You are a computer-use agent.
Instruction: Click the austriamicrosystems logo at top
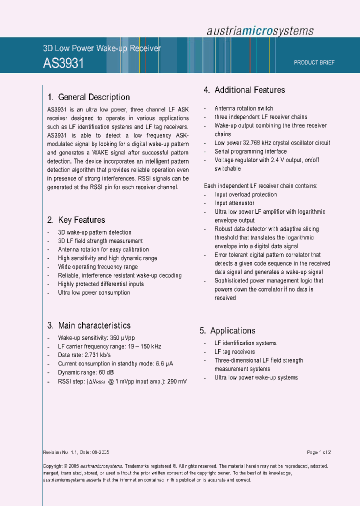click(x=260, y=30)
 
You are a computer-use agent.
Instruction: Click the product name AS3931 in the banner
click(x=63, y=63)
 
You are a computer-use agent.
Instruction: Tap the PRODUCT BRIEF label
click(x=314, y=62)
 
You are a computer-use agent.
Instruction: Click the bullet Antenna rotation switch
click(x=243, y=108)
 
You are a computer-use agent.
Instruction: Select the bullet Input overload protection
click(x=245, y=194)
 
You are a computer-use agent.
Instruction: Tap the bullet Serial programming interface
click(x=250, y=151)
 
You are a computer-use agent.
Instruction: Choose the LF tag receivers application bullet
click(x=234, y=351)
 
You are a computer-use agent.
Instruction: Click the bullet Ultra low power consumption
click(x=94, y=292)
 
